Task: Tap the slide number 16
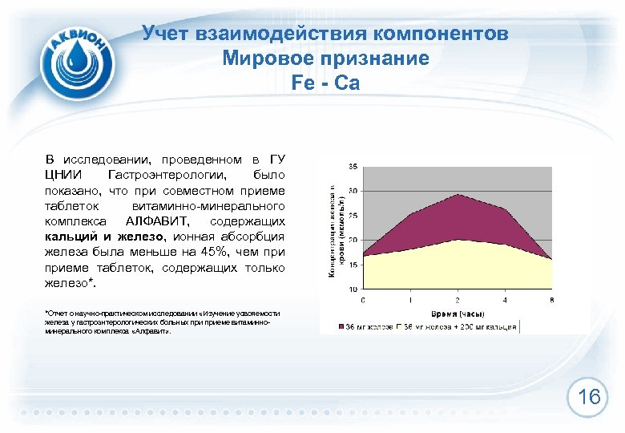(589, 397)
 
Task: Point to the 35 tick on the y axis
(353, 167)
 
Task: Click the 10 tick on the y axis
(353, 289)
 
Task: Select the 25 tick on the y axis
(353, 216)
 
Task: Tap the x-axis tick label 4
(505, 299)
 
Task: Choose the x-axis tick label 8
(551, 299)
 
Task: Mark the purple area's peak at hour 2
(458, 195)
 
